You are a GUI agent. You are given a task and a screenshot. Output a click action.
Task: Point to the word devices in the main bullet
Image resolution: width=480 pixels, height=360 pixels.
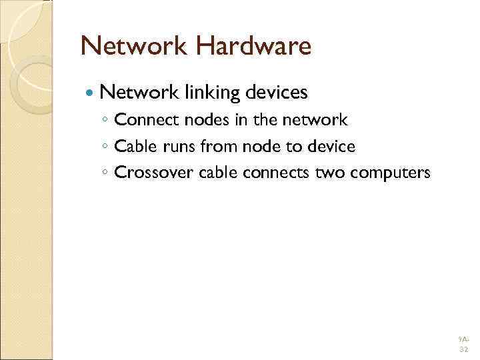tap(276, 92)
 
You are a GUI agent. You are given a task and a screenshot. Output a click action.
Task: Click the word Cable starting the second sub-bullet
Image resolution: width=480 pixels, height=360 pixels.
tap(134, 146)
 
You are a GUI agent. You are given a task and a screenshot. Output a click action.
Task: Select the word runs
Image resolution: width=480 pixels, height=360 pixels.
tap(175, 146)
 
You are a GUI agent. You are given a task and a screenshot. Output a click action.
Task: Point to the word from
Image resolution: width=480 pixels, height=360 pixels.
tap(214, 146)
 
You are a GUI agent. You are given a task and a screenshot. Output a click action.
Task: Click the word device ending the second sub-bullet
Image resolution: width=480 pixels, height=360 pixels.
tap(331, 146)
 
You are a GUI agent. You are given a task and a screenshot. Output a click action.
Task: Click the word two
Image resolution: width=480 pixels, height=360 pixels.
tap(327, 173)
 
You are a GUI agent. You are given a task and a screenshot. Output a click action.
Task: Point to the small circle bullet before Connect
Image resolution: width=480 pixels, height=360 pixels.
tap(105, 121)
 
